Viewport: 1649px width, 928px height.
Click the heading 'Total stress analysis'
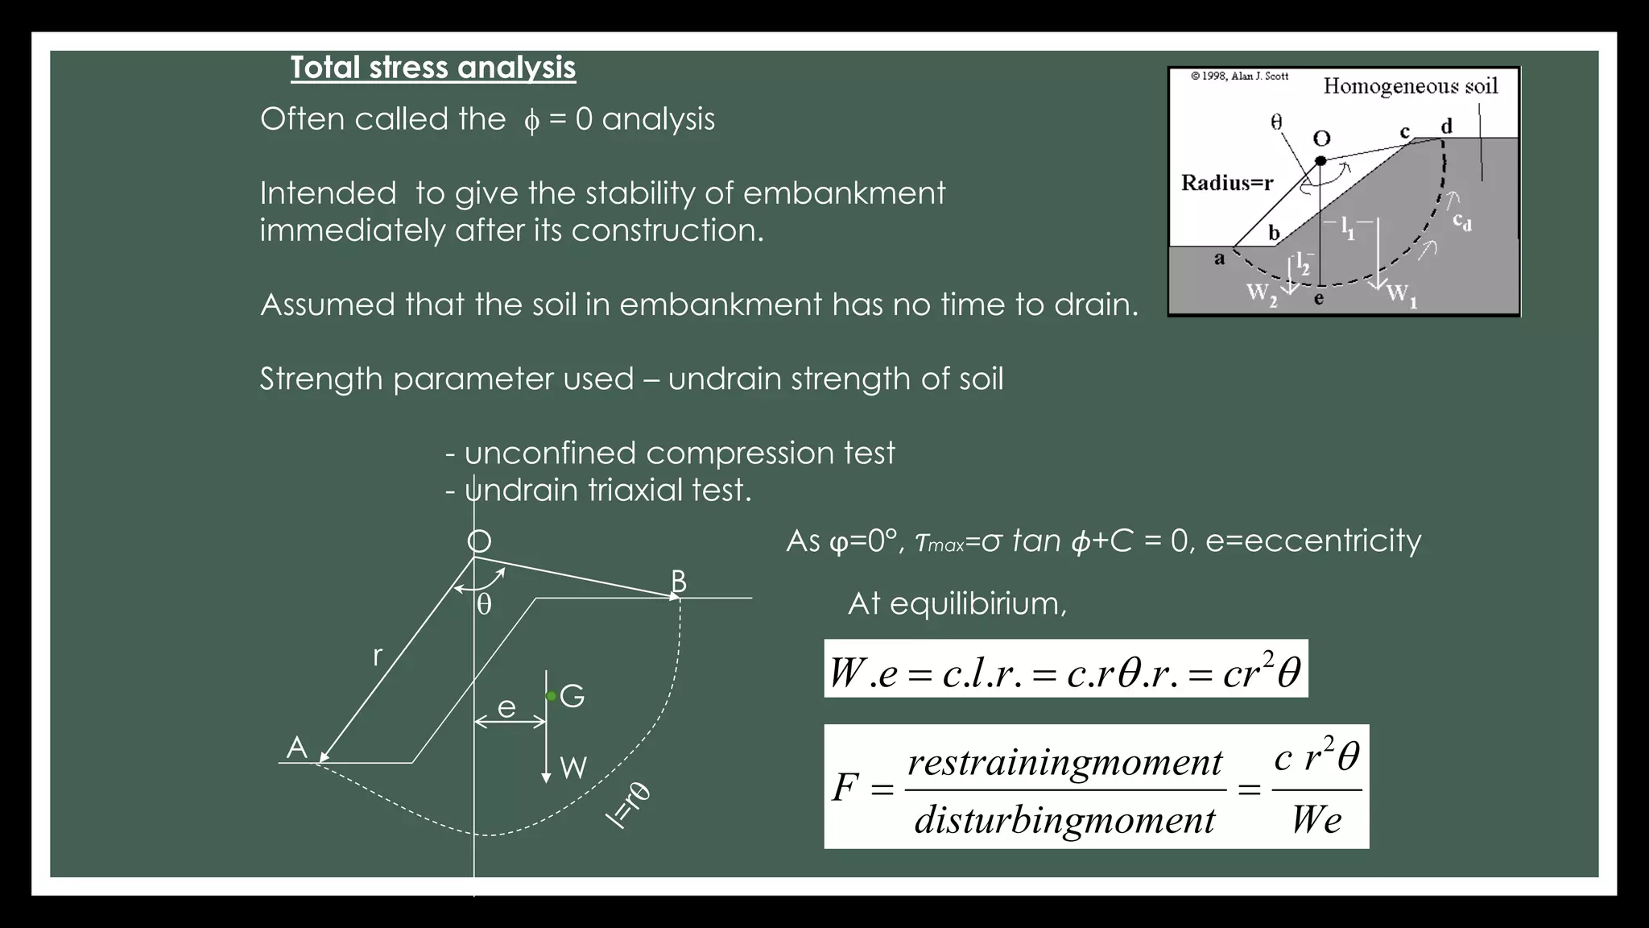[x=433, y=68]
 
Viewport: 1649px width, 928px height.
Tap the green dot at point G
[x=551, y=696]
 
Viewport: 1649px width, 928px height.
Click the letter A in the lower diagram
[x=297, y=748]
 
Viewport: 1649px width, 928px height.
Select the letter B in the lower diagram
[x=679, y=581]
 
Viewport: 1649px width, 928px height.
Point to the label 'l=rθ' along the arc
[x=628, y=805]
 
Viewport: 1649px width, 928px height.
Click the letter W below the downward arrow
[x=572, y=768]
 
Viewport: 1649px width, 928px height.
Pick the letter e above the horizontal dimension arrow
[x=506, y=707]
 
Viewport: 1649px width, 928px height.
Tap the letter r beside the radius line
[x=377, y=657]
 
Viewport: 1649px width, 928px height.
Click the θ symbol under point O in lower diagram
[x=484, y=604]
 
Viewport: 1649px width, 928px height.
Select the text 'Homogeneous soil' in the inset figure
[x=1411, y=86]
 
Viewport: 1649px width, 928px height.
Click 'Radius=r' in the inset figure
[x=1227, y=183]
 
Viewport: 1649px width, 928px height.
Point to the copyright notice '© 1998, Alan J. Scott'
[x=1239, y=77]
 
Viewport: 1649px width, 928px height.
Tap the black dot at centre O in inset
[x=1320, y=161]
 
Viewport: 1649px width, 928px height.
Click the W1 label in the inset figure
[x=1402, y=295]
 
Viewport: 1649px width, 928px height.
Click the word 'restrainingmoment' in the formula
[x=1064, y=762]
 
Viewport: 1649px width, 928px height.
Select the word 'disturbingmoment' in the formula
[x=1064, y=820]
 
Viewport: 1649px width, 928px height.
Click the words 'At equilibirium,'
[x=957, y=603]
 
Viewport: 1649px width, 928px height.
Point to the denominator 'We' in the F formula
[x=1316, y=820]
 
